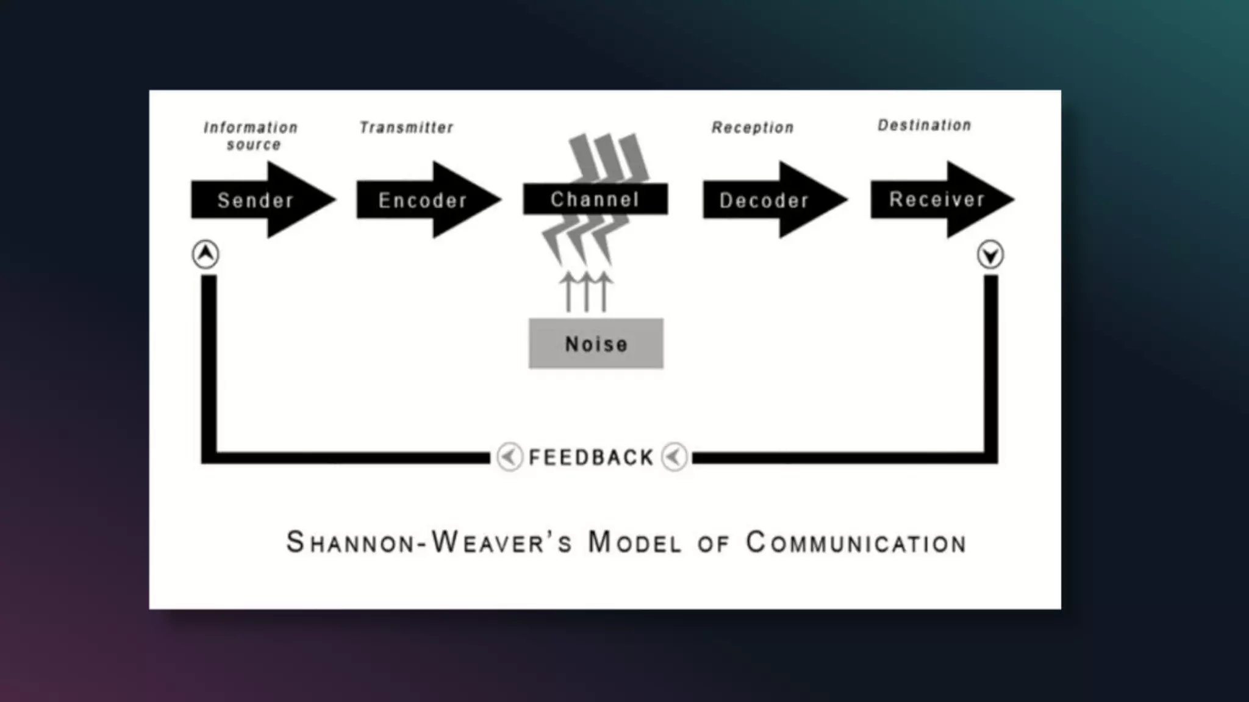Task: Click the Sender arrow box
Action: [256, 200]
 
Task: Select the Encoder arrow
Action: [423, 200]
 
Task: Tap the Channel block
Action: [595, 199]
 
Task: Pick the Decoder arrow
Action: [764, 200]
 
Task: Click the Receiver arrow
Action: [937, 199]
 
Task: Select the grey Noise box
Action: [596, 344]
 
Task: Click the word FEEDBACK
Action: [591, 457]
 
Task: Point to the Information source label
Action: [251, 136]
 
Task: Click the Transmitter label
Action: [406, 127]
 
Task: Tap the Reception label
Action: [753, 127]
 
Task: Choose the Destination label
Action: [924, 125]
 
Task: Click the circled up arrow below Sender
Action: [206, 253]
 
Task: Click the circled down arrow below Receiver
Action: [990, 254]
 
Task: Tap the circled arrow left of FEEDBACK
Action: [509, 456]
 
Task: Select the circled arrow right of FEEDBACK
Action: [674, 456]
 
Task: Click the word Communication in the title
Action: [856, 542]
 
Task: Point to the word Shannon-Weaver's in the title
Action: [429, 542]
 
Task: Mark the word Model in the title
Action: [634, 542]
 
